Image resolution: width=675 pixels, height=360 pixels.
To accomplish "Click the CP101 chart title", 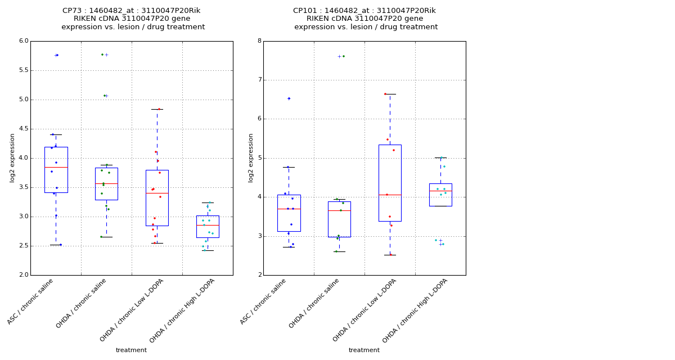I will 365,19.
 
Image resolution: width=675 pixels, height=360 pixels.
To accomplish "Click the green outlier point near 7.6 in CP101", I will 343,56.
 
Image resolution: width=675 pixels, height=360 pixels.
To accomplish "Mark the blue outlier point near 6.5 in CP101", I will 289,98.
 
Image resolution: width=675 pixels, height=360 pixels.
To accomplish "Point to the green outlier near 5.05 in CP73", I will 104,96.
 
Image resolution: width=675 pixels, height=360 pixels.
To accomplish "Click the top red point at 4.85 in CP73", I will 159,109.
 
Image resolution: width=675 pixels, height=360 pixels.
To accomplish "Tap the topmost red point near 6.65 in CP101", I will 385,94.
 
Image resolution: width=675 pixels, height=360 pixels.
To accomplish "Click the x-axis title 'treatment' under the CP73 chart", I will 131,350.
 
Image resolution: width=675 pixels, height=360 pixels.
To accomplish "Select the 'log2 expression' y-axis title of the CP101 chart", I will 251,157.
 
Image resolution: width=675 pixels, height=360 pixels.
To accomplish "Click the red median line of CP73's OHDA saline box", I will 106,183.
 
